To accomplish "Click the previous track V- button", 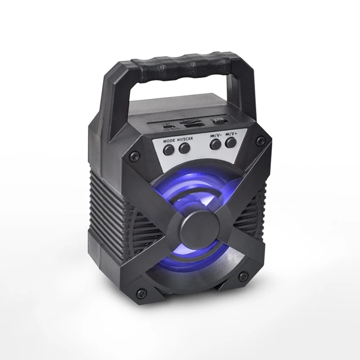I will tap(216, 144).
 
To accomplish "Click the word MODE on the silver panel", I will tap(169, 141).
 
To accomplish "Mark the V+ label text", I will tap(231, 134).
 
